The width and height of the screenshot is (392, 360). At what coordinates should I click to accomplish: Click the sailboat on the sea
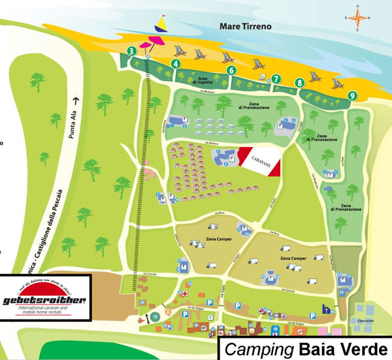click(x=160, y=24)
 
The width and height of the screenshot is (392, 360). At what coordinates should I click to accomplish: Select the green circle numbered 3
click(x=132, y=51)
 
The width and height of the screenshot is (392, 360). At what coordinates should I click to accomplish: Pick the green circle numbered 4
click(x=174, y=63)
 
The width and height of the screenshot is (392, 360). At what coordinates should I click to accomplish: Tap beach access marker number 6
click(x=231, y=71)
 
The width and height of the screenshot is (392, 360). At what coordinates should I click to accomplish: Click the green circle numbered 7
click(x=276, y=79)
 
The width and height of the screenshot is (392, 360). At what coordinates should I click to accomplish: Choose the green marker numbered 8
click(x=300, y=83)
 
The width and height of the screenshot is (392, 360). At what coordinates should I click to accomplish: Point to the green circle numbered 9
click(x=352, y=95)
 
